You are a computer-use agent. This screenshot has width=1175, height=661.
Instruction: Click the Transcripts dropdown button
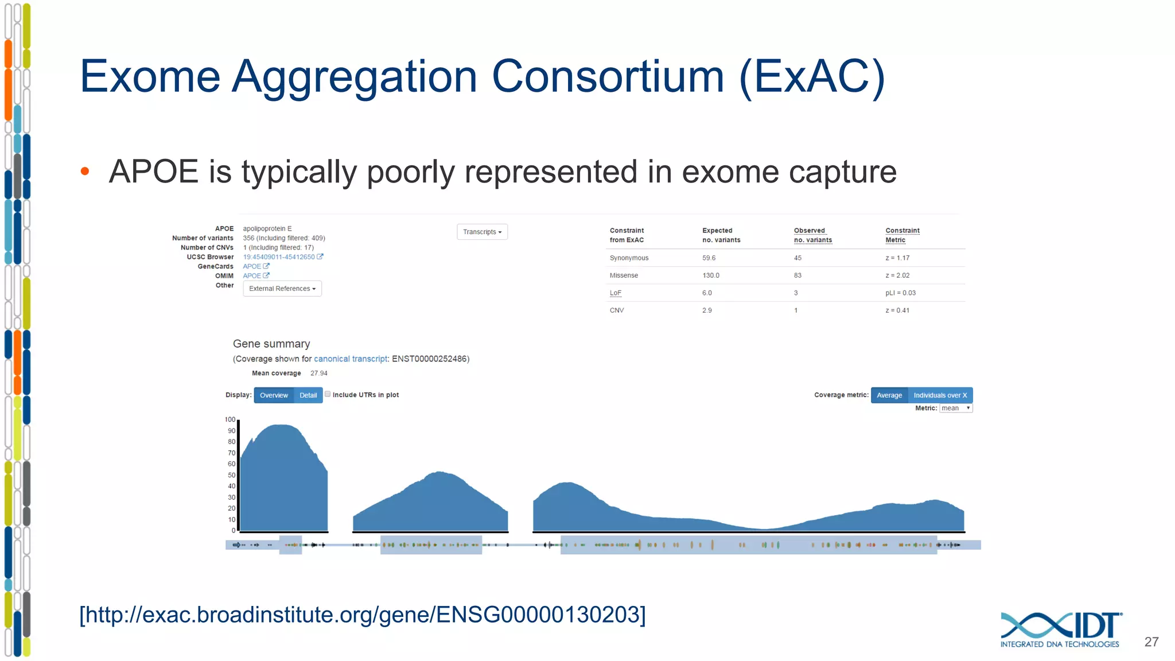coord(482,232)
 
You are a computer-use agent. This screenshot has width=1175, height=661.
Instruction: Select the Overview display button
coord(274,395)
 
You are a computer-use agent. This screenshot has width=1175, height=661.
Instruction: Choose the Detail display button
coord(308,395)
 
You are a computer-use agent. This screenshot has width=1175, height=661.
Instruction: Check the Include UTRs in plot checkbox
coord(328,394)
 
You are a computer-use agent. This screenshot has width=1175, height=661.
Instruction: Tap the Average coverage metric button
coord(889,395)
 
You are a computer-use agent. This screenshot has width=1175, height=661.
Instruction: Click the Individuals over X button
coord(940,395)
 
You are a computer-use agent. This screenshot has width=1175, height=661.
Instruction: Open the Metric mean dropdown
coord(955,408)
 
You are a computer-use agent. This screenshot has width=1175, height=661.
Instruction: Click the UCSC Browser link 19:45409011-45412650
coord(279,257)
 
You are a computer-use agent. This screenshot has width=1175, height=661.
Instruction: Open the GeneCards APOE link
coord(252,266)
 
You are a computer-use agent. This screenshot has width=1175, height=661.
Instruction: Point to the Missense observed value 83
coord(797,275)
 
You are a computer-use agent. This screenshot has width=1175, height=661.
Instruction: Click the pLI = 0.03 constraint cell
coord(900,293)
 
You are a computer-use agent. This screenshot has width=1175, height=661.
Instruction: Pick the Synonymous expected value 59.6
coord(709,258)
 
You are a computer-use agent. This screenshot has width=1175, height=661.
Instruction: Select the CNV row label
coord(617,310)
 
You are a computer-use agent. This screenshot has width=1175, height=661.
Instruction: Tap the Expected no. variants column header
coord(721,235)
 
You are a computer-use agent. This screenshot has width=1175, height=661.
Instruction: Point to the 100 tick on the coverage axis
coord(230,419)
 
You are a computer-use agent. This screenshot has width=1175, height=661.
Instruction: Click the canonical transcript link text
coord(351,359)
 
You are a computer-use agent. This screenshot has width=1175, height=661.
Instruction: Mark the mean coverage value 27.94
coord(319,373)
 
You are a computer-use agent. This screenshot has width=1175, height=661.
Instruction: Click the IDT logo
coord(1060,629)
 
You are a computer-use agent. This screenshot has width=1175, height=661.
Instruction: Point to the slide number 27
coord(1151,642)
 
